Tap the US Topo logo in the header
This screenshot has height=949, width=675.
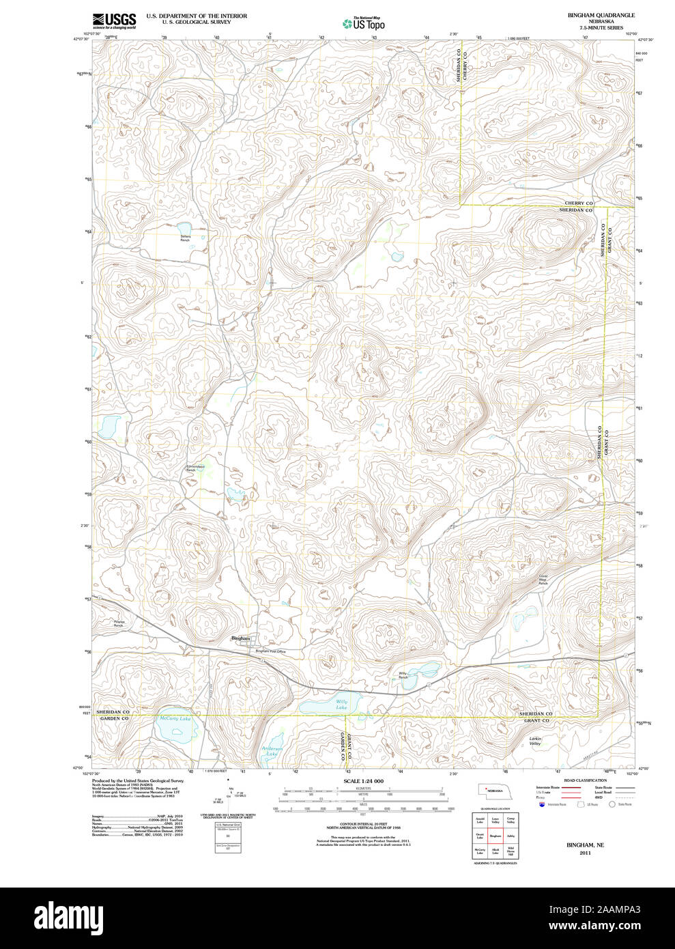point(363,23)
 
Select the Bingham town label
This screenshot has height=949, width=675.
point(240,638)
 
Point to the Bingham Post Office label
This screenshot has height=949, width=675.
point(270,651)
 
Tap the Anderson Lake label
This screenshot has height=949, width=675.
point(272,751)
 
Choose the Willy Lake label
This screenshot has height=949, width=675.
point(341,705)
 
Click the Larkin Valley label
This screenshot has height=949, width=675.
point(535,741)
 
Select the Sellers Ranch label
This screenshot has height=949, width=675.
point(185,238)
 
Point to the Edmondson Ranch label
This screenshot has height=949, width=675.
point(196,468)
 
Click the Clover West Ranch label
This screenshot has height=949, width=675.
point(543,580)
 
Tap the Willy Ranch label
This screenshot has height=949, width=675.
point(403,676)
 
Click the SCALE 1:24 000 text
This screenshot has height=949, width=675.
point(363,781)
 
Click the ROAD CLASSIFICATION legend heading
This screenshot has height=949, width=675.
point(585,780)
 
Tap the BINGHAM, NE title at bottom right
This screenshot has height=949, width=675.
point(585,845)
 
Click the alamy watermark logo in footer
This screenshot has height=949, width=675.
point(68,918)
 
